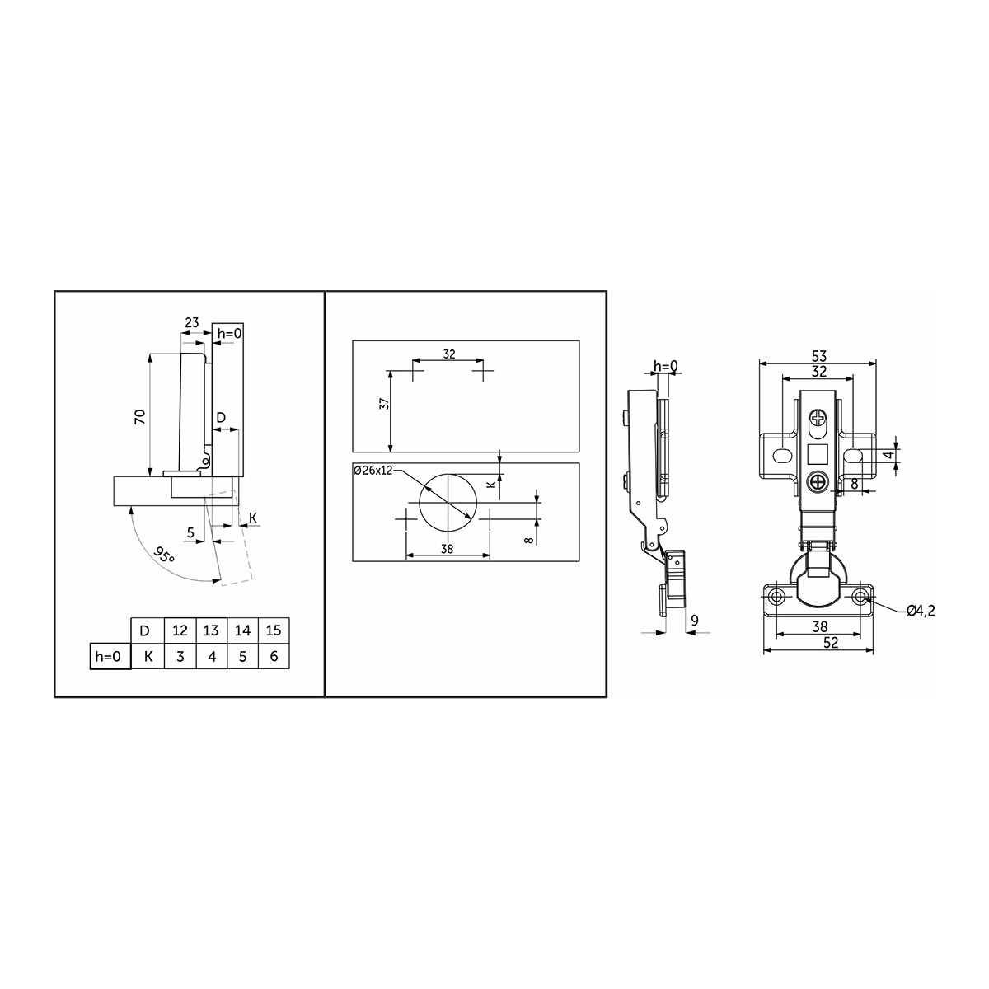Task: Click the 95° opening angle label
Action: tap(164, 555)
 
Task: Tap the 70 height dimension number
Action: tap(139, 416)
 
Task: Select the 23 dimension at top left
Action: tap(191, 322)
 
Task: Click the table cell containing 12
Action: tap(180, 630)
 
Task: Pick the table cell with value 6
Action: tap(274, 656)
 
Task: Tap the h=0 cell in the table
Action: tap(110, 656)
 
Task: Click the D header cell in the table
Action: tap(148, 630)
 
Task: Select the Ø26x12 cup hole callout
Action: tap(373, 470)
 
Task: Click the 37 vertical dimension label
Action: tap(384, 404)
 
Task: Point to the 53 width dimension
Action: tap(819, 356)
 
